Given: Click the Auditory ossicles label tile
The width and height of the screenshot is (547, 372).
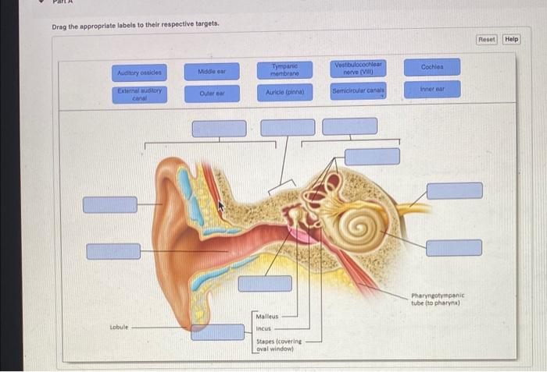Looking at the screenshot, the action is (x=140, y=73).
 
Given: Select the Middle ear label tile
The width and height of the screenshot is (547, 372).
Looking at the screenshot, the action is (x=212, y=72).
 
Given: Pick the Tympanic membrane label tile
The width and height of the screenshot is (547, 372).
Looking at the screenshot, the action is (x=284, y=70).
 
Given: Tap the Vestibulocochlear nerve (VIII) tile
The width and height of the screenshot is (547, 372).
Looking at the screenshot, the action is (x=358, y=69).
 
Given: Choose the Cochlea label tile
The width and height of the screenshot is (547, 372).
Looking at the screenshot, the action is (x=432, y=67).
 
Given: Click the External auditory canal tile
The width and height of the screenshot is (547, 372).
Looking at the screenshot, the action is (x=140, y=94).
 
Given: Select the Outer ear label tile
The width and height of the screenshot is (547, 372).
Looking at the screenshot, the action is (x=212, y=94).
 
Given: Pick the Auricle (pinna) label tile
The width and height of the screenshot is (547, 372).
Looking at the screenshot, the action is (x=285, y=92).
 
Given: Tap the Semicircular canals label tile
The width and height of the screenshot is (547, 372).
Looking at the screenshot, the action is (x=358, y=91).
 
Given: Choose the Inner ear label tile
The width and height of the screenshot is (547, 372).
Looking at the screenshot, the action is (x=433, y=89).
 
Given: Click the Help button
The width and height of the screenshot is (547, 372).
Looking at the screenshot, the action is (x=512, y=39).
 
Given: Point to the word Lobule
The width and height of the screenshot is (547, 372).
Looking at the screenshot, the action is (x=119, y=327).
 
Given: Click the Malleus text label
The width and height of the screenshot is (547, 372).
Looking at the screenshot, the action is (x=267, y=317).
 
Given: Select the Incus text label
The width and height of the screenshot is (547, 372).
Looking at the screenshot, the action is (x=263, y=328).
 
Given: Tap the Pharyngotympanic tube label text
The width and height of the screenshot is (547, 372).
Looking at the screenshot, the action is (x=438, y=299).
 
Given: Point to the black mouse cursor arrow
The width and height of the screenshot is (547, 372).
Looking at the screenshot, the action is (x=221, y=206).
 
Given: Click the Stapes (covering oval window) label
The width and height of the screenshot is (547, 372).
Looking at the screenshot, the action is (x=279, y=345).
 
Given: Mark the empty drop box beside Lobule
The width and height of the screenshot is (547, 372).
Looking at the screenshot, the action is (x=218, y=332).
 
